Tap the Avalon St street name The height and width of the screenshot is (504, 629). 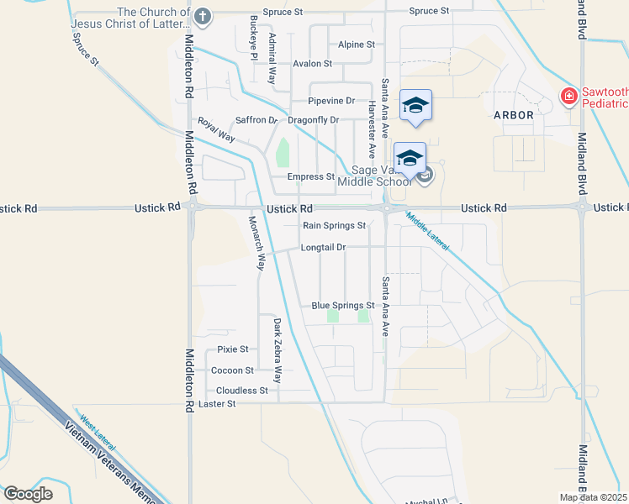(313, 64)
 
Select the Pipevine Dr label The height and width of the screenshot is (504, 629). (333, 101)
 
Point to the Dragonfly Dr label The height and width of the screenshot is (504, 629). (313, 120)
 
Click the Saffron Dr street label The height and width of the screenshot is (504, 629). (256, 120)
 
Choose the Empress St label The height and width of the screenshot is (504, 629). (311, 176)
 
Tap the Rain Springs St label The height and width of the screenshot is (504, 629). (334, 225)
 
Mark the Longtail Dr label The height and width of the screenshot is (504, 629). (325, 248)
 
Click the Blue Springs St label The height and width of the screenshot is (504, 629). (342, 306)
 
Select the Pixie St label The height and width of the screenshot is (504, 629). (233, 349)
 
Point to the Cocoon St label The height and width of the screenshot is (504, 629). (232, 370)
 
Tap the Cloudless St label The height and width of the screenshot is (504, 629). (241, 391)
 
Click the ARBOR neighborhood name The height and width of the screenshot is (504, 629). (514, 115)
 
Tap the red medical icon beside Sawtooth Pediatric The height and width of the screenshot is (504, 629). (569, 97)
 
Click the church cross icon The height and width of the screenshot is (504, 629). (202, 16)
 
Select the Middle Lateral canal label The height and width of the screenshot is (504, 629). (428, 233)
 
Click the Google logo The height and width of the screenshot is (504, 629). (28, 494)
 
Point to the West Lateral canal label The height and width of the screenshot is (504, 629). (96, 428)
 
